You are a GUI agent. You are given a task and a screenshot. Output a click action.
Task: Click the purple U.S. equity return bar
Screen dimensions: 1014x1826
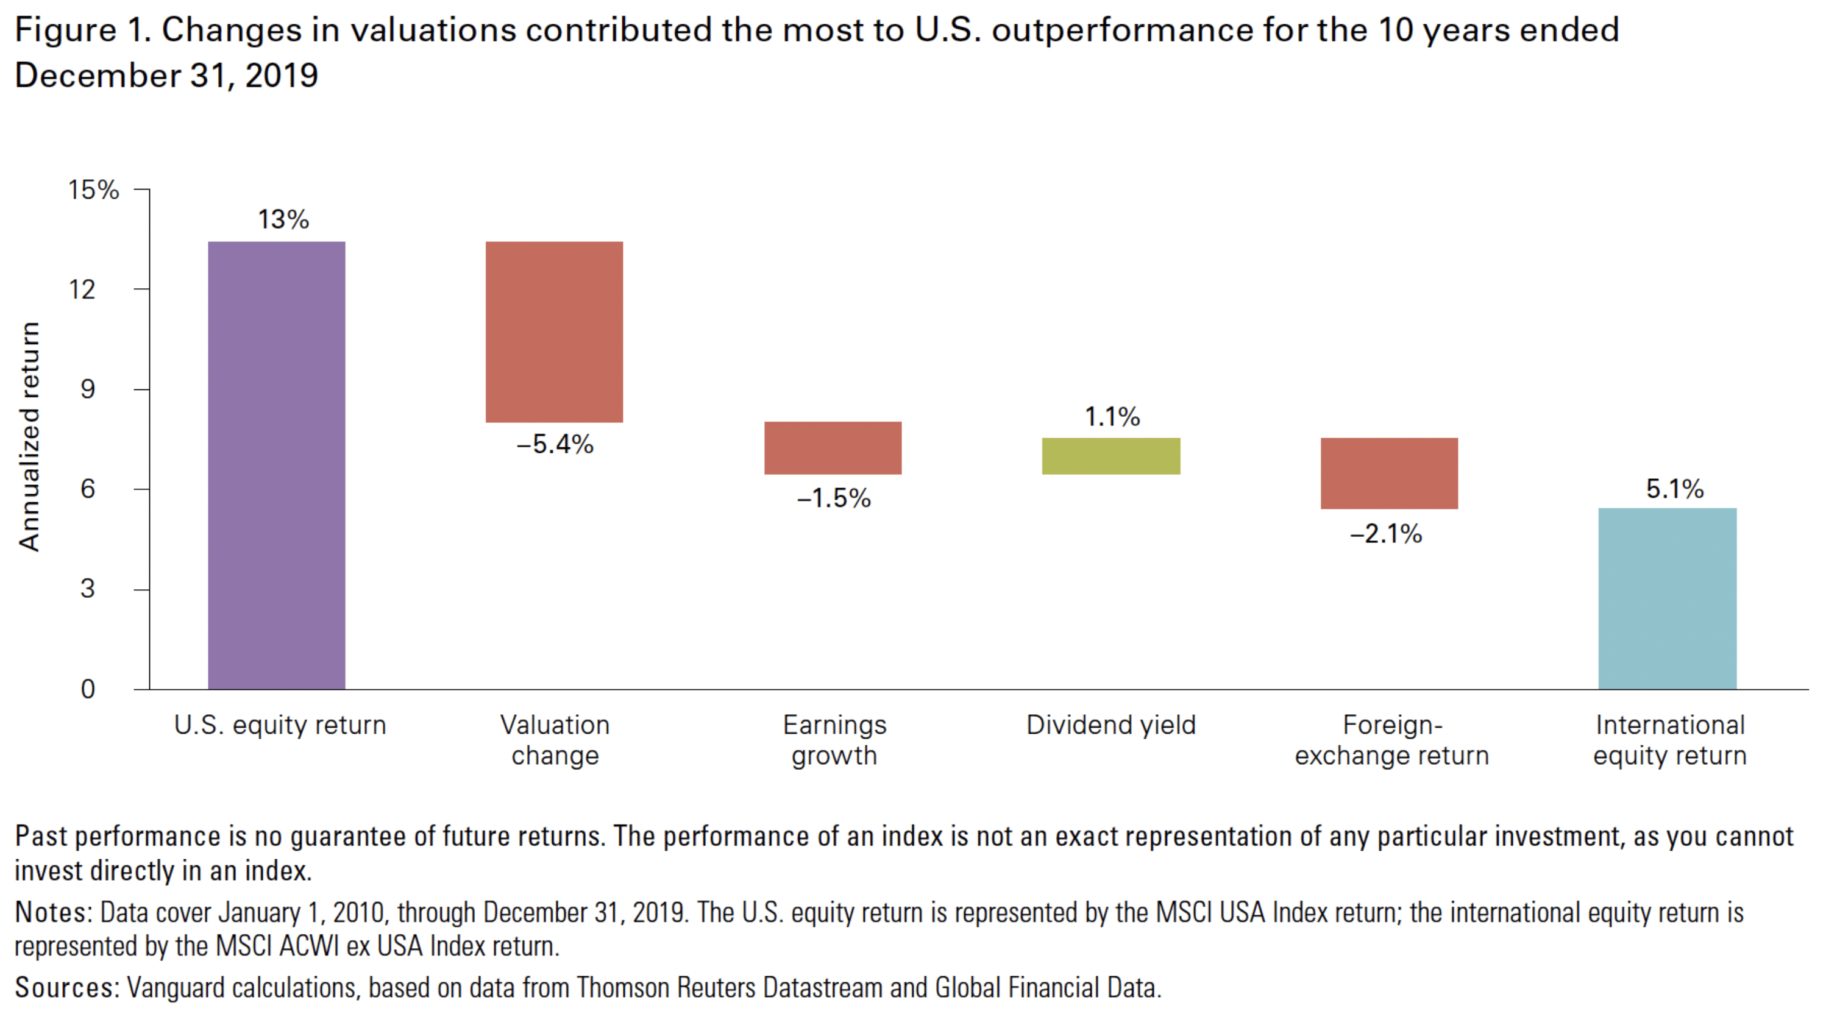click(277, 465)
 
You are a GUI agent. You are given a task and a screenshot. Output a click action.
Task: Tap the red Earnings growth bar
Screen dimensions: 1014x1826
click(833, 448)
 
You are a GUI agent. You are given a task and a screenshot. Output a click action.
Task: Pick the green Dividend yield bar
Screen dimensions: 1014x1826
click(1110, 456)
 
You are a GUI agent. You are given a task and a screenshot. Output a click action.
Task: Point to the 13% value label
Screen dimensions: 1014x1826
click(283, 219)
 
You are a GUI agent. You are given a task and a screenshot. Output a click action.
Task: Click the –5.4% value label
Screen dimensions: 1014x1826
click(555, 444)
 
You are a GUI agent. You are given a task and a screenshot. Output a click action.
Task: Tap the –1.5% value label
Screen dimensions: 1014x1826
click(834, 498)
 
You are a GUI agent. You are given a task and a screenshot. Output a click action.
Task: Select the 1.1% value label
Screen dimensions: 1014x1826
click(1112, 417)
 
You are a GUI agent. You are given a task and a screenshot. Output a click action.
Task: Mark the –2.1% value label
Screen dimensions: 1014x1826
click(1386, 534)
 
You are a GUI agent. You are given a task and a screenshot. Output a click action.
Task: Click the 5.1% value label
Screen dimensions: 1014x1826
click(1674, 489)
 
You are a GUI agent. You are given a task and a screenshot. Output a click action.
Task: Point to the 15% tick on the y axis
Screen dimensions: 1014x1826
click(93, 190)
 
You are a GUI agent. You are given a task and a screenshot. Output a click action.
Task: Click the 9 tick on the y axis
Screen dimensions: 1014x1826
click(87, 389)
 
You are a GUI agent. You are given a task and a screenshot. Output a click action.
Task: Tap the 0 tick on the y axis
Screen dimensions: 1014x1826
click(87, 689)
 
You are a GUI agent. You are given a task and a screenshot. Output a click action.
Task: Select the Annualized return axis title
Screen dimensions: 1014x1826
click(29, 436)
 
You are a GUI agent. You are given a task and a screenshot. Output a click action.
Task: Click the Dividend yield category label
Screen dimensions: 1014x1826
click(1110, 725)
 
